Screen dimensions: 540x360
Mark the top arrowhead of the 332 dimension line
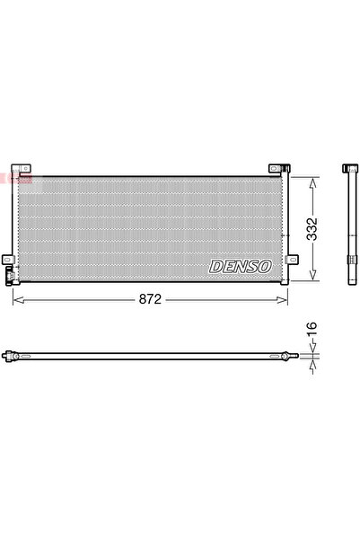coord(312,179)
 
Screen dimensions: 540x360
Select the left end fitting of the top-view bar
coord(11,357)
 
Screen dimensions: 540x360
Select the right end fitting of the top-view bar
coord(285,357)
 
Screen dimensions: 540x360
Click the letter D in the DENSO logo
coord(215,266)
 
